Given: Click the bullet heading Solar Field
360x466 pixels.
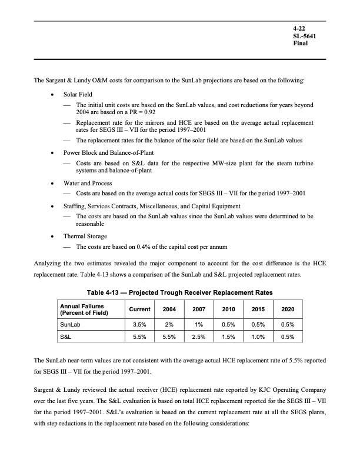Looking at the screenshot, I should pyautogui.click(x=78, y=94).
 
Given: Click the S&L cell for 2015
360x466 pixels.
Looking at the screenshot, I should pyautogui.click(x=256, y=336).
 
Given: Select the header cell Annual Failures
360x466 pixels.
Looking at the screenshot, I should pyautogui.click(x=82, y=306).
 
